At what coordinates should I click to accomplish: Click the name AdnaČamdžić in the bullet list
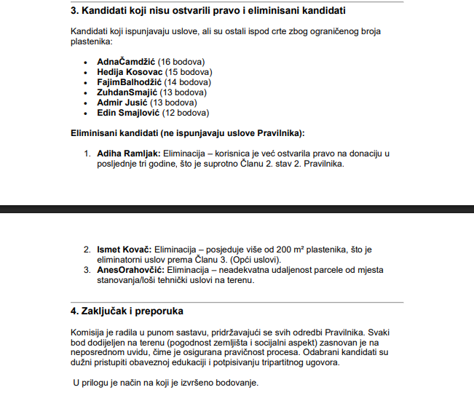(x=126, y=62)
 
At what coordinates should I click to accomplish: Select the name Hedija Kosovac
(x=130, y=72)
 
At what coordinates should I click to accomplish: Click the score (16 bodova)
(x=181, y=62)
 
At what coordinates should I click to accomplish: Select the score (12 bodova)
(x=186, y=113)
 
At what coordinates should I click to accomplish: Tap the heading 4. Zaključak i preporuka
(x=127, y=311)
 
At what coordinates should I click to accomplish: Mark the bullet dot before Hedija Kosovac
(x=87, y=73)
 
